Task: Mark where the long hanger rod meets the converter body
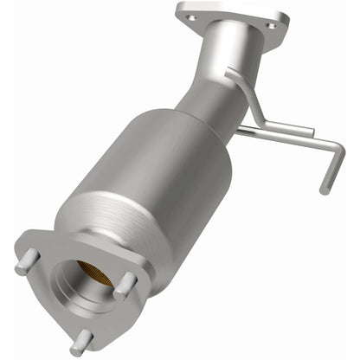[240, 130]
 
